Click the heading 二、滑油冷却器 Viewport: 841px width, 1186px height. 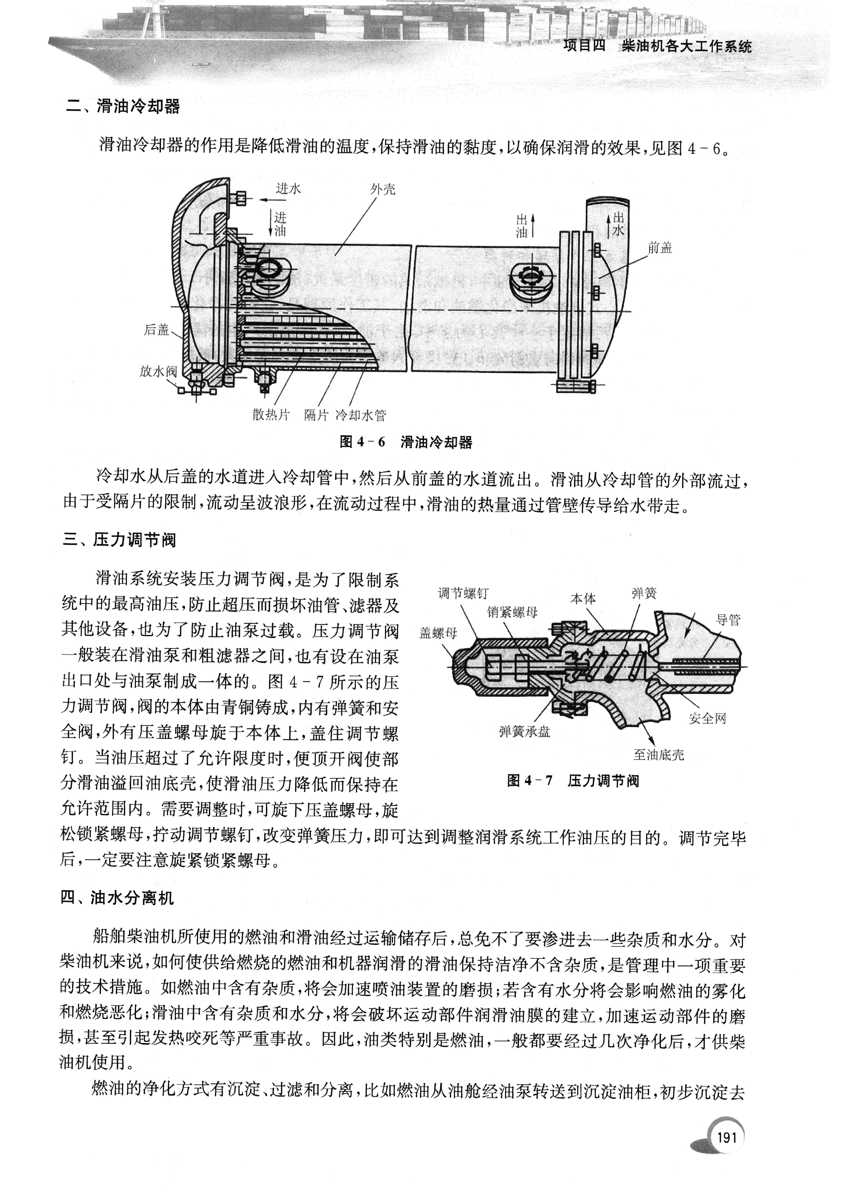point(123,107)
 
